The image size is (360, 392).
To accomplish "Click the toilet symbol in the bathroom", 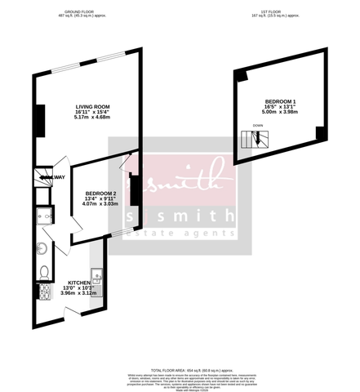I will pyautogui.click(x=43, y=271).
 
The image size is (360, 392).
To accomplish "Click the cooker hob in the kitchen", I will pyautogui.click(x=43, y=291).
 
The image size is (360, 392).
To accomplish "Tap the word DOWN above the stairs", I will pyautogui.click(x=258, y=126).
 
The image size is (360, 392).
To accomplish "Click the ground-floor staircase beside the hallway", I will pyautogui.click(x=40, y=176).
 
